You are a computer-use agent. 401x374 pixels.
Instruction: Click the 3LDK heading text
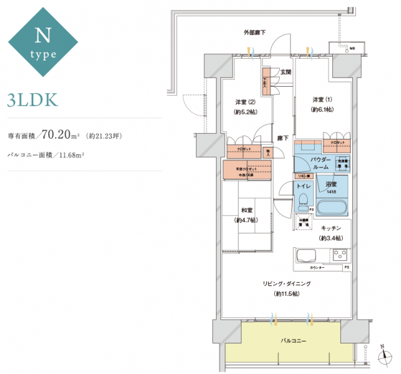click(32, 99)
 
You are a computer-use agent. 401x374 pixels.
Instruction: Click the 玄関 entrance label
click(285, 72)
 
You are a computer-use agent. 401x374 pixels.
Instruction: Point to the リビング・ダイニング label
click(286, 284)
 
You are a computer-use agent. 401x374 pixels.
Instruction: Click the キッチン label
click(332, 229)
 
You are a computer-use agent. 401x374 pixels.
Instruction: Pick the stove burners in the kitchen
click(340, 255)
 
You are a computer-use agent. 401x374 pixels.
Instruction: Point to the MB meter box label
click(352, 47)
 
